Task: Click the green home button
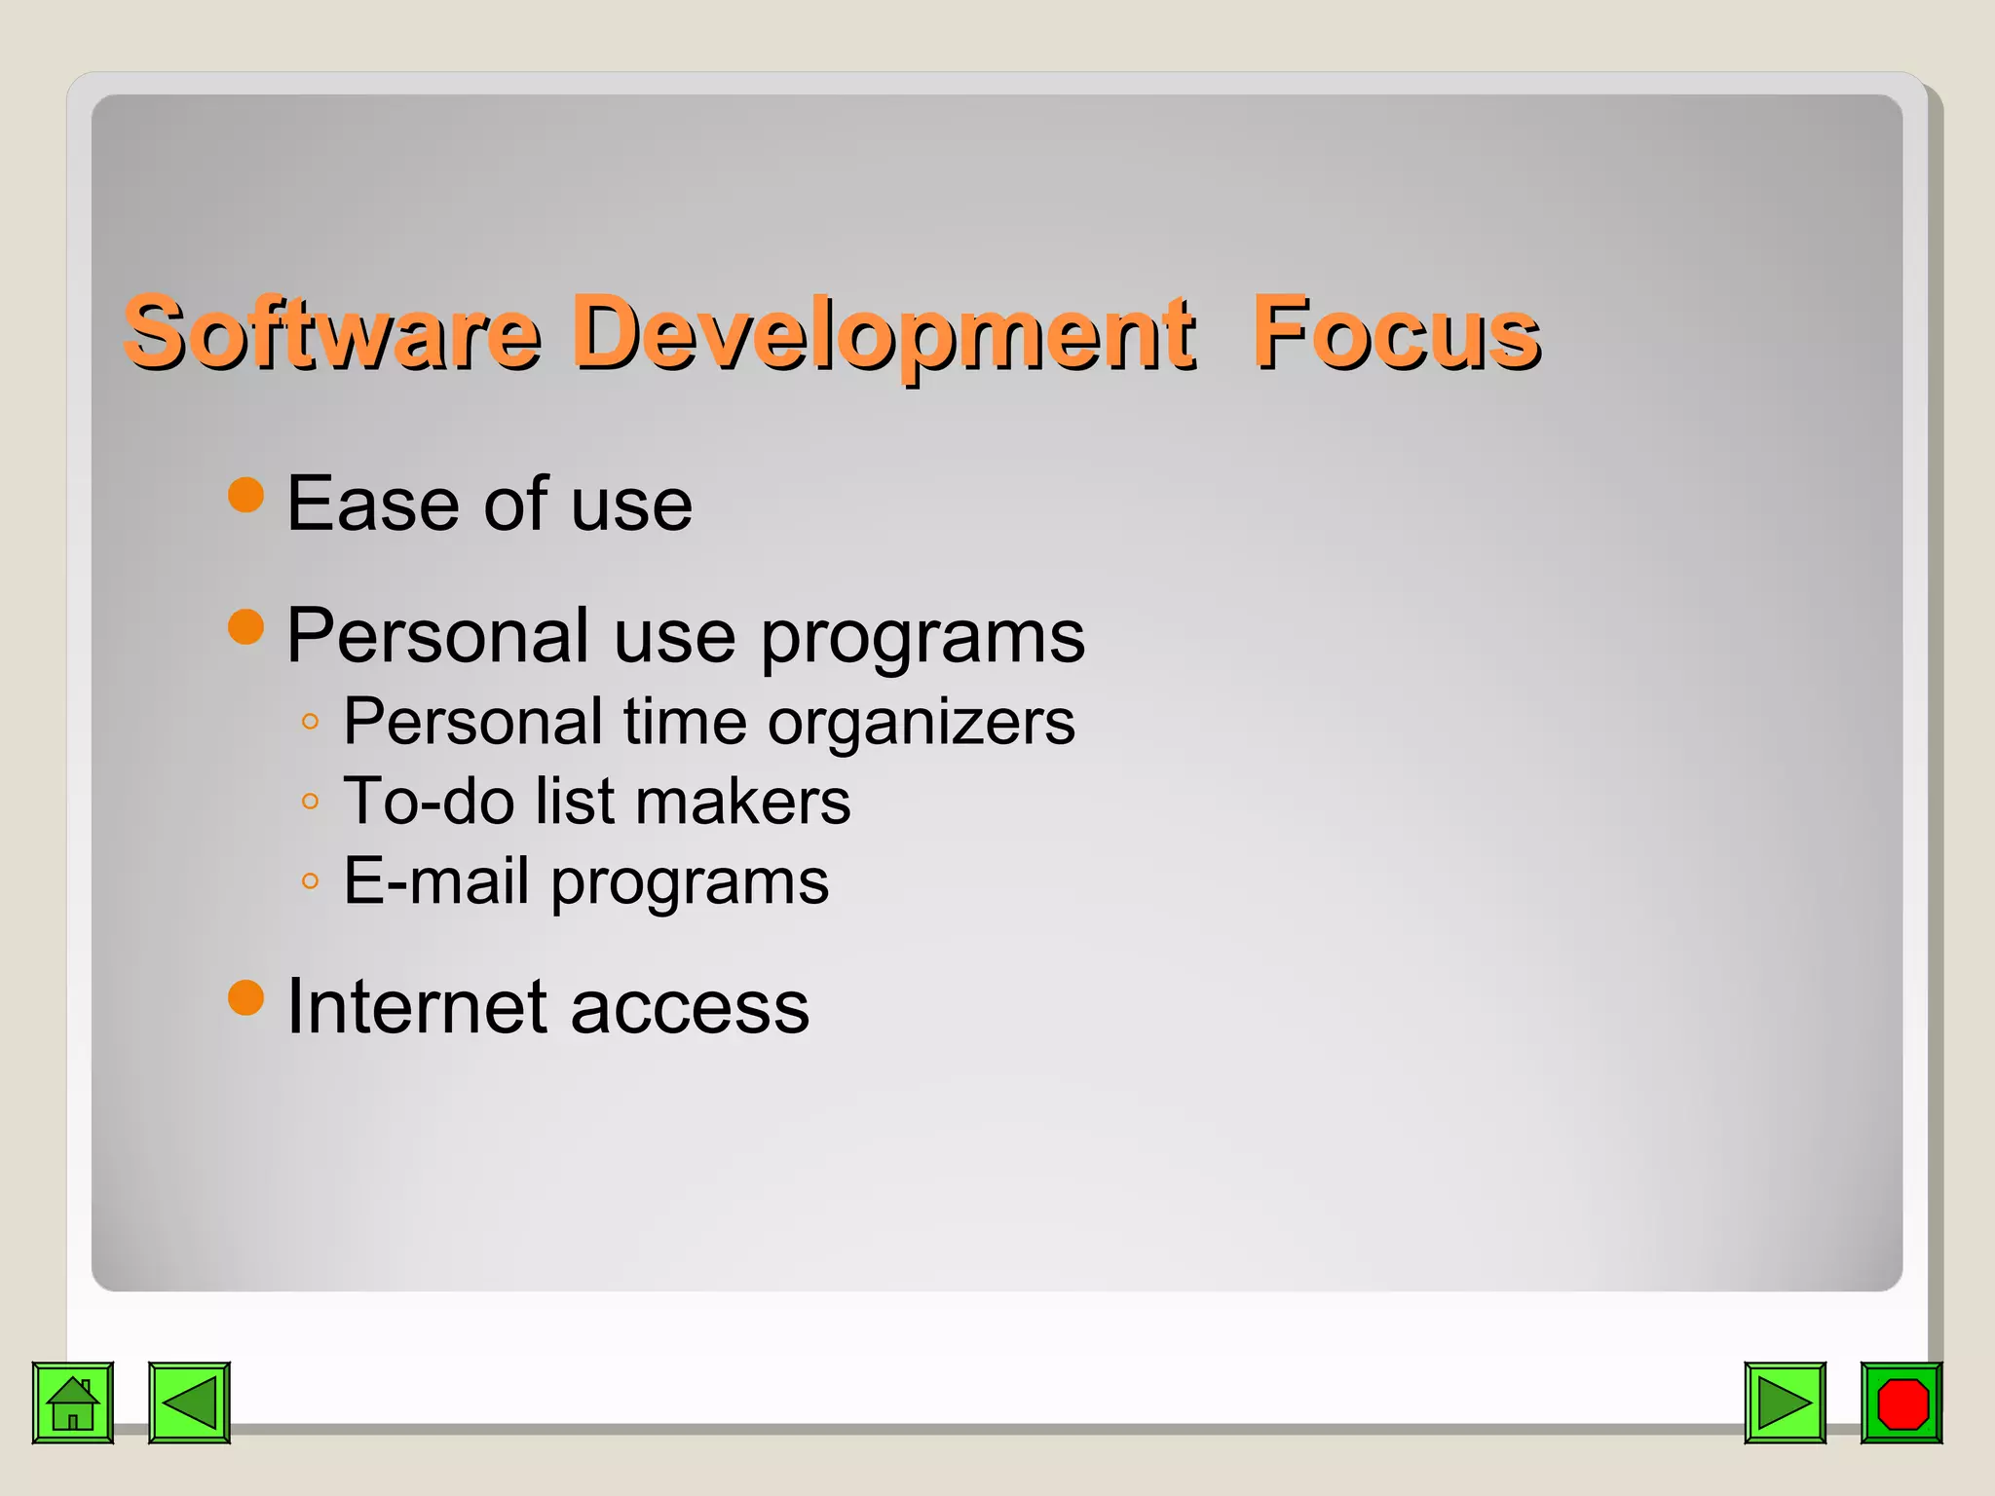73,1402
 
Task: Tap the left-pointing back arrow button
189,1402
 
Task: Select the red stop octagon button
1901,1402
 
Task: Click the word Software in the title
331,333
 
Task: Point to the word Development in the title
882,333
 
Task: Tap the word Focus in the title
1395,333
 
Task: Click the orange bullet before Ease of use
245,495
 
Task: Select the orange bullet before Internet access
245,997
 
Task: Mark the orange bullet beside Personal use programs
245,627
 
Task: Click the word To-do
429,802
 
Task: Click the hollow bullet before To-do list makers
310,802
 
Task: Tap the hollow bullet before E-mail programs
310,881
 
